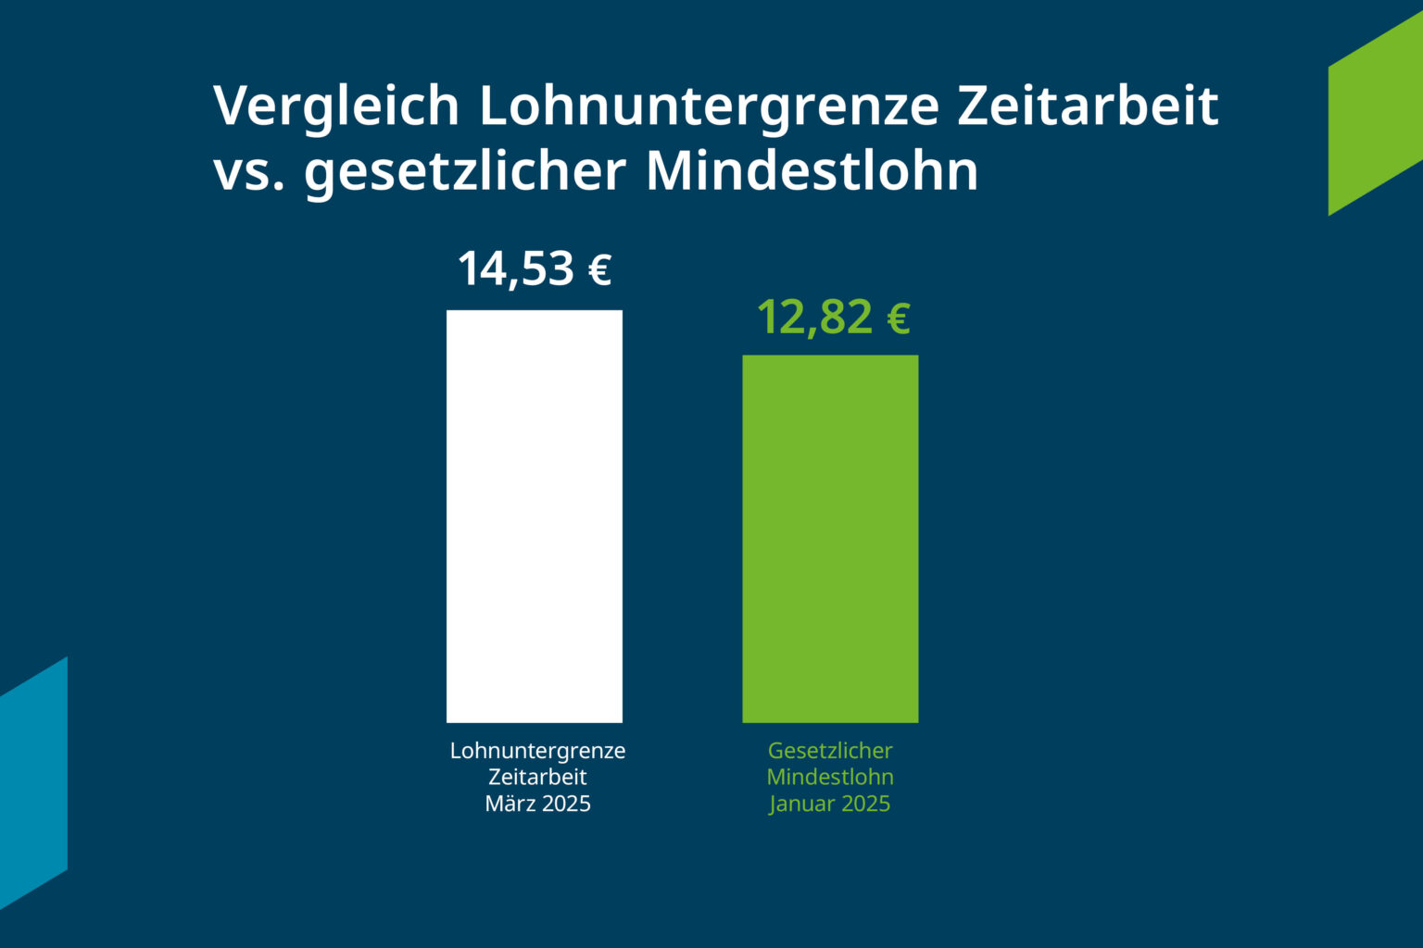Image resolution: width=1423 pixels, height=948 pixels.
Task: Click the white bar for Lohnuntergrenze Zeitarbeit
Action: point(535,516)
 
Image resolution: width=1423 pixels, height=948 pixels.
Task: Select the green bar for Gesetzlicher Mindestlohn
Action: point(830,539)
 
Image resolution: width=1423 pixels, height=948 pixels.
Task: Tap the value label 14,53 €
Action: point(535,268)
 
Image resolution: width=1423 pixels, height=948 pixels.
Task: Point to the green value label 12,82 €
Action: point(833,318)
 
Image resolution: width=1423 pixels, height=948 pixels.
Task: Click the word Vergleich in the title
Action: point(336,107)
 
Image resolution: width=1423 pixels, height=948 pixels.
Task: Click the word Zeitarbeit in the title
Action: point(1087,106)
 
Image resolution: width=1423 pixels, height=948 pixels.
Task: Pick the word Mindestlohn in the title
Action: point(812,170)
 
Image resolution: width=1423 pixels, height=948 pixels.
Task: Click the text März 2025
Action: point(537,804)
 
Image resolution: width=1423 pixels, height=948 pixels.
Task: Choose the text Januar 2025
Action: point(830,804)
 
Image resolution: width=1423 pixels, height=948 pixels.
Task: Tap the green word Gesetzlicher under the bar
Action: point(830,751)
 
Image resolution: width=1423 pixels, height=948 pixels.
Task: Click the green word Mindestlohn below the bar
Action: point(830,777)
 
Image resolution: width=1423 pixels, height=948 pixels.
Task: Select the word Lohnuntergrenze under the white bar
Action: point(537,751)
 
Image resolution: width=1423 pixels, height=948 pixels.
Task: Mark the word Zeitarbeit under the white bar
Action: point(537,777)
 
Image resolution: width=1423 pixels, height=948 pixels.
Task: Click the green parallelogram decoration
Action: point(1375,115)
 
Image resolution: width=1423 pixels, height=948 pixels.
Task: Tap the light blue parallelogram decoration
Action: point(33,783)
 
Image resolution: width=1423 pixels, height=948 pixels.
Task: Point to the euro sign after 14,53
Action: point(599,270)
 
